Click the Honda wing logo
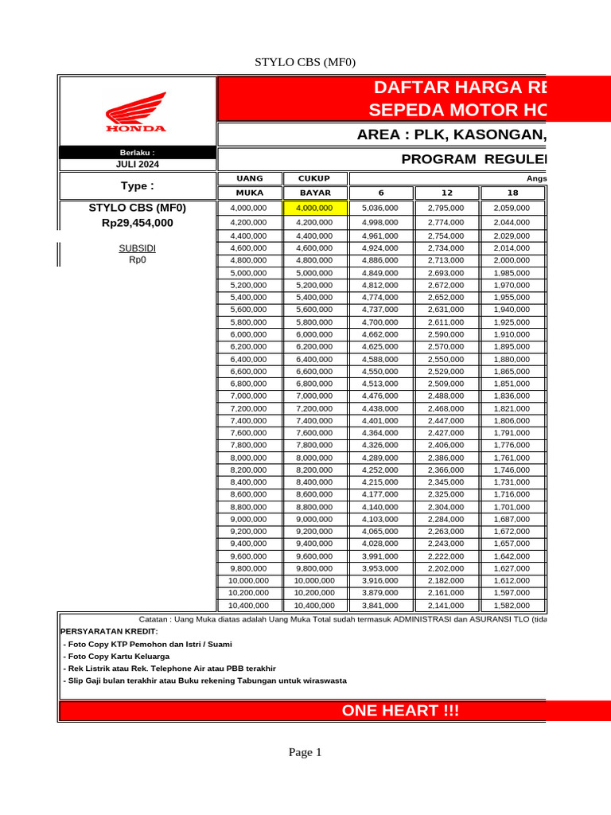click(136, 111)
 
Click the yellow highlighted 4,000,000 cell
click(314, 209)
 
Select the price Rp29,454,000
click(137, 223)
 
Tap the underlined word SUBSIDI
click(137, 248)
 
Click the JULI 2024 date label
click(137, 164)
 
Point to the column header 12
click(446, 193)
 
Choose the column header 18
click(512, 193)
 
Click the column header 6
click(380, 193)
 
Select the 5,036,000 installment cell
click(380, 209)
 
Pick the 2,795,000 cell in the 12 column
click(446, 209)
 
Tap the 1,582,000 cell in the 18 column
click(512, 605)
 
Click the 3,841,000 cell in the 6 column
click(380, 605)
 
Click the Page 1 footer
click(305, 752)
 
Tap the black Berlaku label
click(137, 151)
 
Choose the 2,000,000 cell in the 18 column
click(512, 260)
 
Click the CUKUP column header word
click(314, 178)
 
